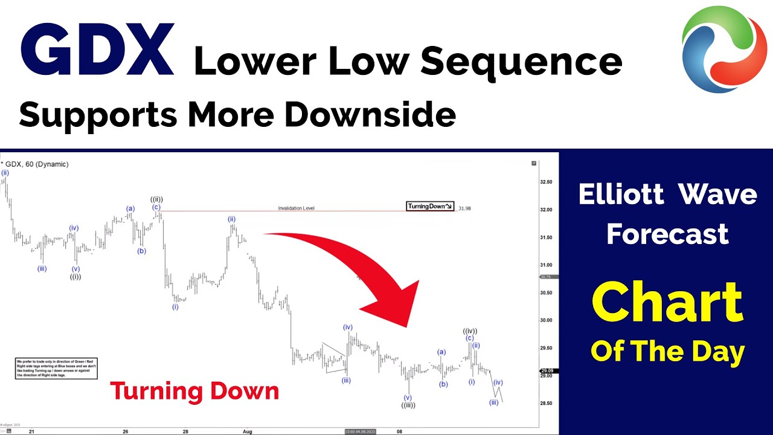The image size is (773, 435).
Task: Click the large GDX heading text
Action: tap(97, 51)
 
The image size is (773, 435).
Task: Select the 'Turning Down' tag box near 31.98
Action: tap(429, 207)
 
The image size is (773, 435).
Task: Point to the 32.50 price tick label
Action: tap(546, 182)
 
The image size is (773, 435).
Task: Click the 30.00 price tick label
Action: tap(546, 320)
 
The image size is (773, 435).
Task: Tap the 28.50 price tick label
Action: tap(546, 404)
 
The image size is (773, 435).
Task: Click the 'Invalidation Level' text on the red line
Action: tap(296, 208)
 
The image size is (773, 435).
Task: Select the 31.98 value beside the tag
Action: tap(464, 208)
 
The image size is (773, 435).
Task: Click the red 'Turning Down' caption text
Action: tap(194, 391)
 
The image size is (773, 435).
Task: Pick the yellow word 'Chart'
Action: tap(667, 302)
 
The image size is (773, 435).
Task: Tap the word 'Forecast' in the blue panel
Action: tap(667, 234)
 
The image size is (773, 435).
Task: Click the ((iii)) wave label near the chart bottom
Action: tap(408, 405)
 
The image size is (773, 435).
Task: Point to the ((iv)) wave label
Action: tap(470, 330)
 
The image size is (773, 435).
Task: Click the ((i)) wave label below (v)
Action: tap(75, 277)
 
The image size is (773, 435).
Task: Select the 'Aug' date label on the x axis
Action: tap(246, 431)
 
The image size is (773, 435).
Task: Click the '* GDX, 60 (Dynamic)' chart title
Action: tap(34, 164)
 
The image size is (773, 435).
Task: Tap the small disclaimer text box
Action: tap(56, 369)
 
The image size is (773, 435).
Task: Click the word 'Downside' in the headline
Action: tap(370, 114)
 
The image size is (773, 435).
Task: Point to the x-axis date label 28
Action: tap(186, 431)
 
